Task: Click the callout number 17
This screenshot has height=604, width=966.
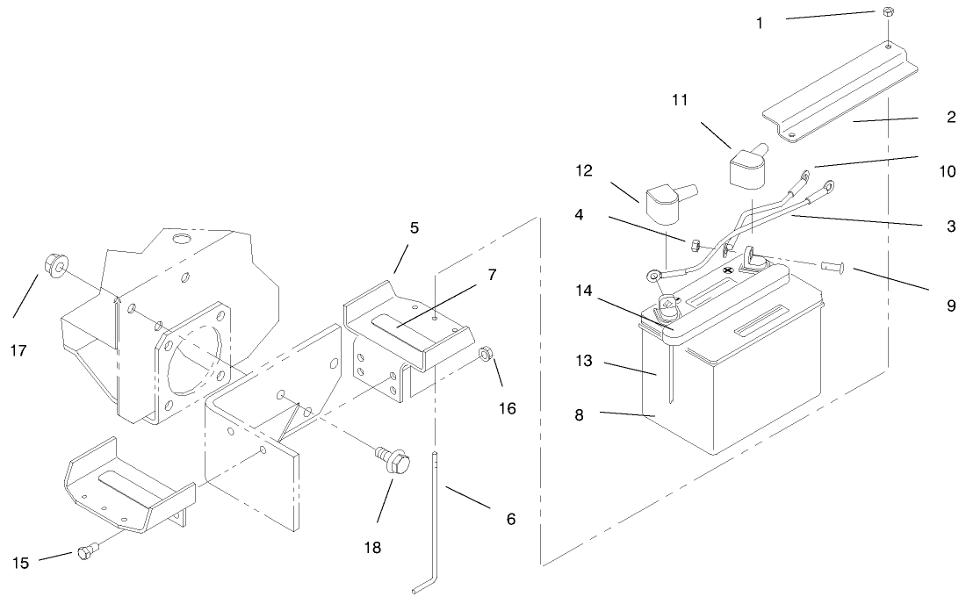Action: (18, 350)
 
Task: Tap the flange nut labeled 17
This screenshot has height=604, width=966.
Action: (56, 266)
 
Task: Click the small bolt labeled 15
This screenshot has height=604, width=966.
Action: (86, 552)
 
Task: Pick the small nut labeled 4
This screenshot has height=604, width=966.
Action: (692, 245)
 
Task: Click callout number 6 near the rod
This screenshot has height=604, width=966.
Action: (511, 519)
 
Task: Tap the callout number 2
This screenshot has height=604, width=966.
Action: (951, 117)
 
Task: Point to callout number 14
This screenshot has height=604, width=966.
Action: (584, 291)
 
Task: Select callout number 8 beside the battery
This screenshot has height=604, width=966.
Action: (579, 415)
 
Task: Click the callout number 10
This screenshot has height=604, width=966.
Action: (948, 171)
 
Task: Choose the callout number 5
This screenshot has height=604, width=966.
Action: (414, 227)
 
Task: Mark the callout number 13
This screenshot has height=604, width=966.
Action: (584, 361)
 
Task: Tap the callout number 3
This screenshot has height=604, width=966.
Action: (951, 226)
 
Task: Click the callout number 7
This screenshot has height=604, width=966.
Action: (492, 275)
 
